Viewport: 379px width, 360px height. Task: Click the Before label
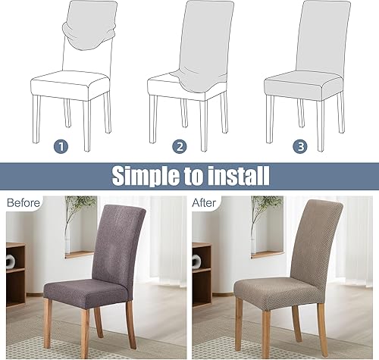tap(24, 202)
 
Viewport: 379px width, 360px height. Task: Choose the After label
tap(207, 202)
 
